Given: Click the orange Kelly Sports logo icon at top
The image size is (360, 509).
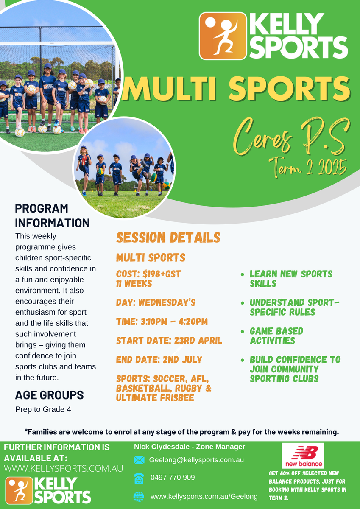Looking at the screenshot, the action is click(x=223, y=36).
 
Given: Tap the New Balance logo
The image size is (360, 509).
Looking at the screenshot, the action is click(x=303, y=456).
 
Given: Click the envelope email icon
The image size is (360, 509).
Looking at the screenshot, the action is click(x=139, y=460).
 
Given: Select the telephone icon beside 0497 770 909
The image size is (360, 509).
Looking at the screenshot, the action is click(x=139, y=478).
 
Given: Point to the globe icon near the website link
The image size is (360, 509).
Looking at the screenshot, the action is click(x=139, y=497).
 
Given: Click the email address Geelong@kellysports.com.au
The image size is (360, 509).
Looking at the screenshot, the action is click(x=196, y=460).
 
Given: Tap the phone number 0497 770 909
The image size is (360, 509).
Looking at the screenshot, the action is click(x=173, y=478).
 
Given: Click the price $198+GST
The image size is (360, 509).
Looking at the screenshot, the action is click(x=162, y=274).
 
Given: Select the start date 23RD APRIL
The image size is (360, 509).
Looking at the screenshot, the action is click(x=198, y=341).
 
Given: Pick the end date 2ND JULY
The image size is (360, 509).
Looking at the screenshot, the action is click(x=182, y=360).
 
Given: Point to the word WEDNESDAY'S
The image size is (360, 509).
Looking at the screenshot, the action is click(x=167, y=302).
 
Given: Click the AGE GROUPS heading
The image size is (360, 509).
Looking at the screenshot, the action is click(x=49, y=395).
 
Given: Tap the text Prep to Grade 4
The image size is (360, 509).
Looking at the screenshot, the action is click(x=43, y=409).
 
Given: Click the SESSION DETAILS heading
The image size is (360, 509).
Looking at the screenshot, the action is click(x=168, y=237).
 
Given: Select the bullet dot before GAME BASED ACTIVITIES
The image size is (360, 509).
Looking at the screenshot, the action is click(x=243, y=332).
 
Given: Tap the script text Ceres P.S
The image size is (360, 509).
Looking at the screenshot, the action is click(x=291, y=137).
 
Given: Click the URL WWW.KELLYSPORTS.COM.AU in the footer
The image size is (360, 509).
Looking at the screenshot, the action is click(x=63, y=469).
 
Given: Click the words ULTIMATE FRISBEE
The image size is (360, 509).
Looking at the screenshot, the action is click(x=155, y=398).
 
